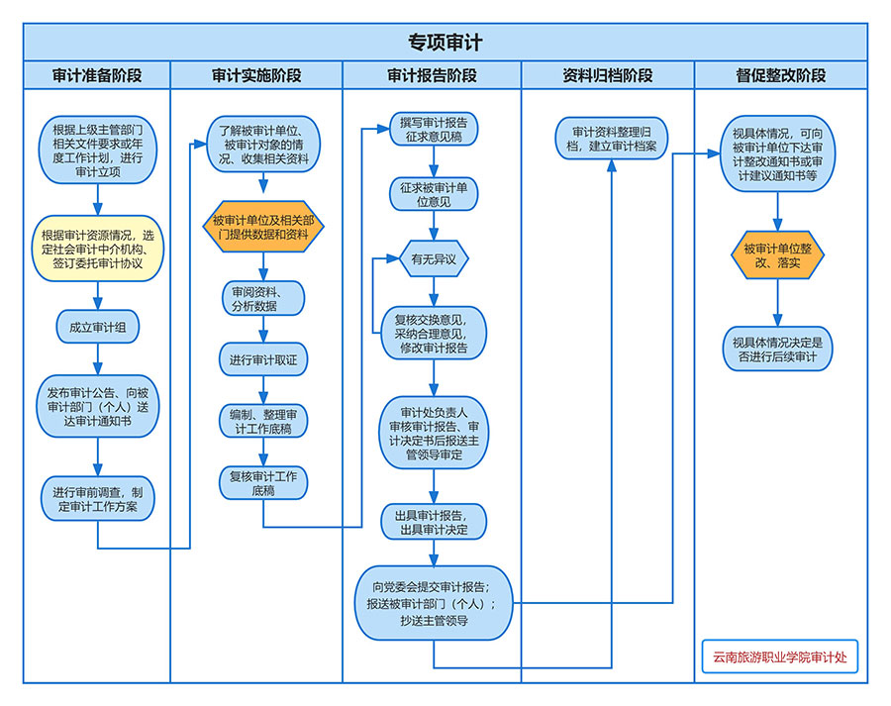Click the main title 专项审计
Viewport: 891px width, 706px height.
445,42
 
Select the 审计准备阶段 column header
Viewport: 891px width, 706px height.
97,75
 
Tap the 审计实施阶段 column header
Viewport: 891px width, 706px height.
256,75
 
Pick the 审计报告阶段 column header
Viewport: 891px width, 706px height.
432,75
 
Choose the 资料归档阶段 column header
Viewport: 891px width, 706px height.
607,75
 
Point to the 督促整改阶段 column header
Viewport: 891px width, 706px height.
780,75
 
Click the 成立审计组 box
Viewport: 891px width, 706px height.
97,327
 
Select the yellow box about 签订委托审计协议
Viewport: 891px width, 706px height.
97,249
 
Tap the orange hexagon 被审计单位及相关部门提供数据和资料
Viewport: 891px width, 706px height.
263,228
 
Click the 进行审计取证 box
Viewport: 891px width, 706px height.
263,359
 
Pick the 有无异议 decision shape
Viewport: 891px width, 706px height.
434,259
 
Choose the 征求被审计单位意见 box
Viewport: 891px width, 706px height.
434,194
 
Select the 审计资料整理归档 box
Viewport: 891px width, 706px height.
612,139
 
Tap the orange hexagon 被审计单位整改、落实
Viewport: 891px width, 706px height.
778,255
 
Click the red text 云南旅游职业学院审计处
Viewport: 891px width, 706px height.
779,656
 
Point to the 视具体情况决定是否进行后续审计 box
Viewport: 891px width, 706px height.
778,349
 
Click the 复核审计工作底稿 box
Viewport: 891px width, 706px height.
263,483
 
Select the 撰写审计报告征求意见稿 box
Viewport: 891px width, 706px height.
434,130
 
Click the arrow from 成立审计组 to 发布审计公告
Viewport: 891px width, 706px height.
97,358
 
